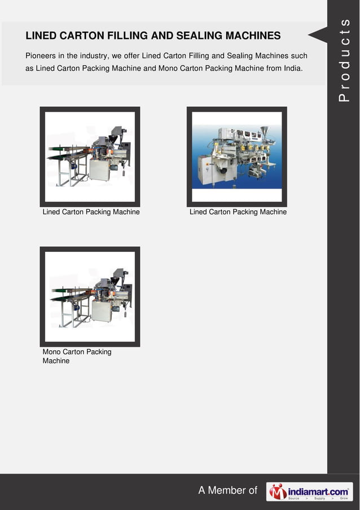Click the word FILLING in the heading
124,36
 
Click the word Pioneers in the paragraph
42,56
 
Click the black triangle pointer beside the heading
318,35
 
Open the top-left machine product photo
90,156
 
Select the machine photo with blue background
236,156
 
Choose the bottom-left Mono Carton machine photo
90,297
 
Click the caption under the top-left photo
91,212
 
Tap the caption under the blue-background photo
238,212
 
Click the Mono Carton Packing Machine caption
77,356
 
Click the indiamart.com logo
309,491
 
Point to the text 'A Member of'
227,491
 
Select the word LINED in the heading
40,36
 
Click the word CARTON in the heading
78,36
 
